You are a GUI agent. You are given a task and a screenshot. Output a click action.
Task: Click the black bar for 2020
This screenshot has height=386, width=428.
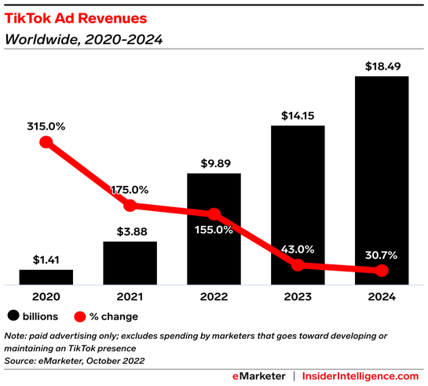46,276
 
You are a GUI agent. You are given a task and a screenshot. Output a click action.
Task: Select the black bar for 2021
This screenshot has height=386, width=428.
130,263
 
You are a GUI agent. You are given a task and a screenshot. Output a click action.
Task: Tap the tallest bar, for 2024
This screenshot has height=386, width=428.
381,180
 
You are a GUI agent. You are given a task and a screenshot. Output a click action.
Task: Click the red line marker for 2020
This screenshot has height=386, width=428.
46,142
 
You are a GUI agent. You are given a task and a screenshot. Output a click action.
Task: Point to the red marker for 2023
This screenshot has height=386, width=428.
298,265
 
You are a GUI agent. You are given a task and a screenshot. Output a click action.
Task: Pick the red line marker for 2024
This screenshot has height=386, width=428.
382,271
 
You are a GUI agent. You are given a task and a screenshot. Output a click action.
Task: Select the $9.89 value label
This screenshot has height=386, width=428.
214,163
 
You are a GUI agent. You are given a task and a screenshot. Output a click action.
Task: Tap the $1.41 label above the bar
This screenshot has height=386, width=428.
46,258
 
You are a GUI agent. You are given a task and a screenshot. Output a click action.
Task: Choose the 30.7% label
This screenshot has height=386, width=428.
381,253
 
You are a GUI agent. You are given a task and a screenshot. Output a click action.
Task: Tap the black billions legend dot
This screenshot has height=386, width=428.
13,316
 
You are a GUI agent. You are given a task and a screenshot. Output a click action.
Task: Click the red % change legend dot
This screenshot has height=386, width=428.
80,316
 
